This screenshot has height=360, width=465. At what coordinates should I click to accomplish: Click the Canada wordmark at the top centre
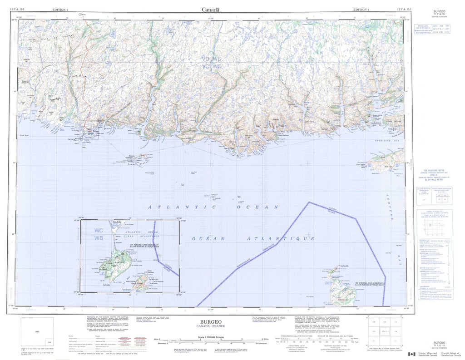211,10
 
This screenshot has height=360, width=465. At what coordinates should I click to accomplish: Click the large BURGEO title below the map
211,321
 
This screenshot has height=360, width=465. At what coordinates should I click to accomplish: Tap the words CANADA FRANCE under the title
211,327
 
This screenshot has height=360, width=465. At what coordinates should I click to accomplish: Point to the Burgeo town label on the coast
95,132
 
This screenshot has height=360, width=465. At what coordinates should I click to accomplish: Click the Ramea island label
131,155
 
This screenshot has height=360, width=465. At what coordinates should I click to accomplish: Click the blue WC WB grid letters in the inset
99,234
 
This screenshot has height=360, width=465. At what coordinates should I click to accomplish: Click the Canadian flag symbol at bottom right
411,354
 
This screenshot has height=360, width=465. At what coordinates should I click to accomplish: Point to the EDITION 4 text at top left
60,9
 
